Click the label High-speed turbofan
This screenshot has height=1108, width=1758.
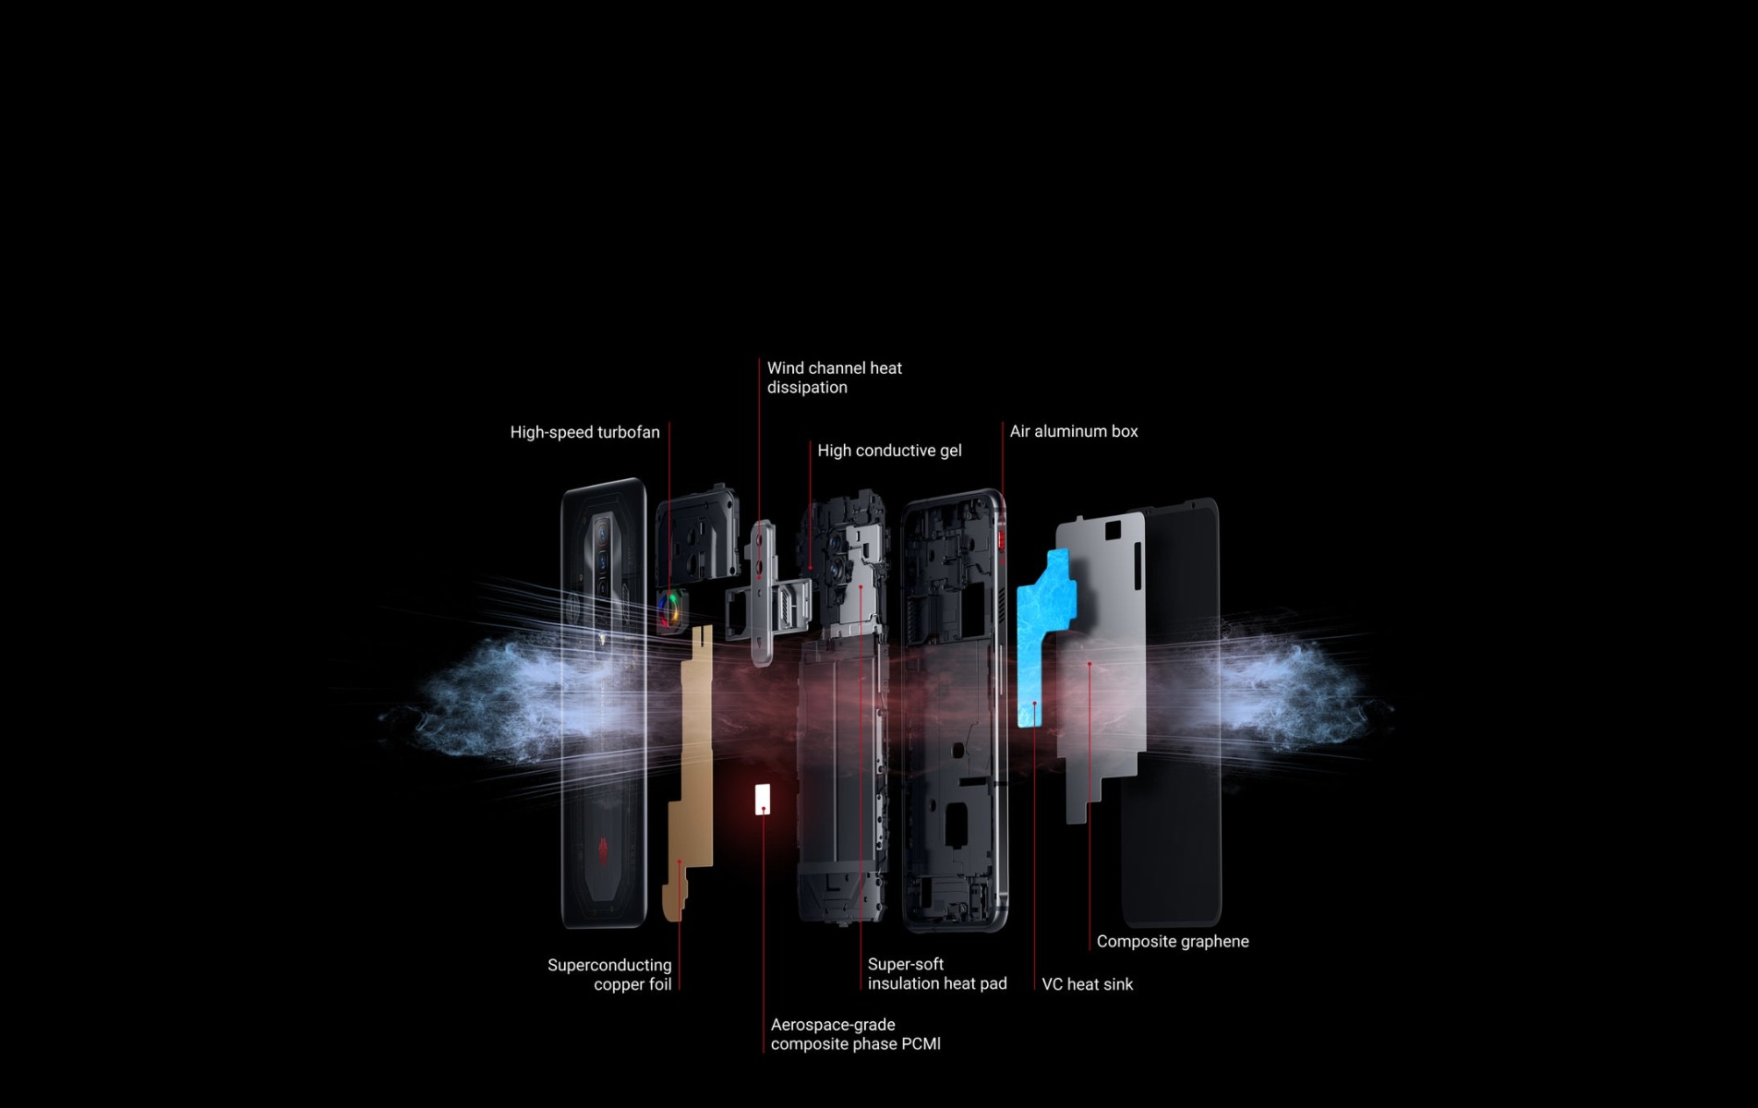click(x=584, y=432)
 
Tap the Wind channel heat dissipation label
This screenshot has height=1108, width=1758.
click(x=834, y=378)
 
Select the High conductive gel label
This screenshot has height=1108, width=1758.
click(x=889, y=451)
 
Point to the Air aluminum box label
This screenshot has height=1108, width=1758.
click(x=1073, y=431)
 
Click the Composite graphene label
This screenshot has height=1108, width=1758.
click(x=1172, y=942)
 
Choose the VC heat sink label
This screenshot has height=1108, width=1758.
click(x=1087, y=984)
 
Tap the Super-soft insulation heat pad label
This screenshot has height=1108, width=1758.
click(x=936, y=974)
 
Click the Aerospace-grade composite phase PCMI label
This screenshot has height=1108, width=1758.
click(x=855, y=1034)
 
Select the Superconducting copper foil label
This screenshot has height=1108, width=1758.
click(x=610, y=975)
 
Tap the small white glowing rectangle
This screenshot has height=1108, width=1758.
click(x=763, y=799)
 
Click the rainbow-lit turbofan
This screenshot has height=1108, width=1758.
click(x=670, y=608)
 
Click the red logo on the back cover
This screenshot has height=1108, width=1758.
click(x=603, y=850)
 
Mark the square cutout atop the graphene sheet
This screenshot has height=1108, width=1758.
click(x=1113, y=530)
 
